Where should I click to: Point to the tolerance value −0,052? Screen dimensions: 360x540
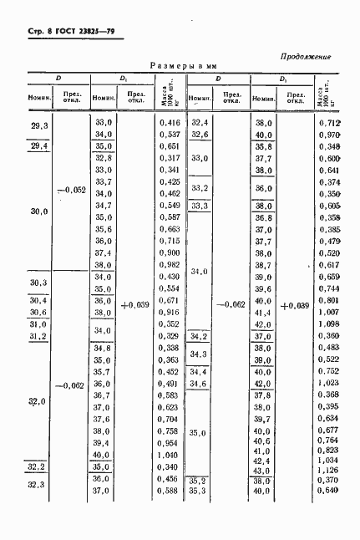tap(69, 190)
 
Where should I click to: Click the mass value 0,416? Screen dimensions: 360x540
tap(170, 122)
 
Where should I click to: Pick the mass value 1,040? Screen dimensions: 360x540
tap(170, 454)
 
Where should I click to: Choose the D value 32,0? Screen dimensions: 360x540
tap(37, 403)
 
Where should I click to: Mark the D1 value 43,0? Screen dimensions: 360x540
tap(263, 469)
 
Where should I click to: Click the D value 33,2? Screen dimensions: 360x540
tap(200, 188)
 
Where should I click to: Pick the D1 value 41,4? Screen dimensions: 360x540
tap(263, 312)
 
